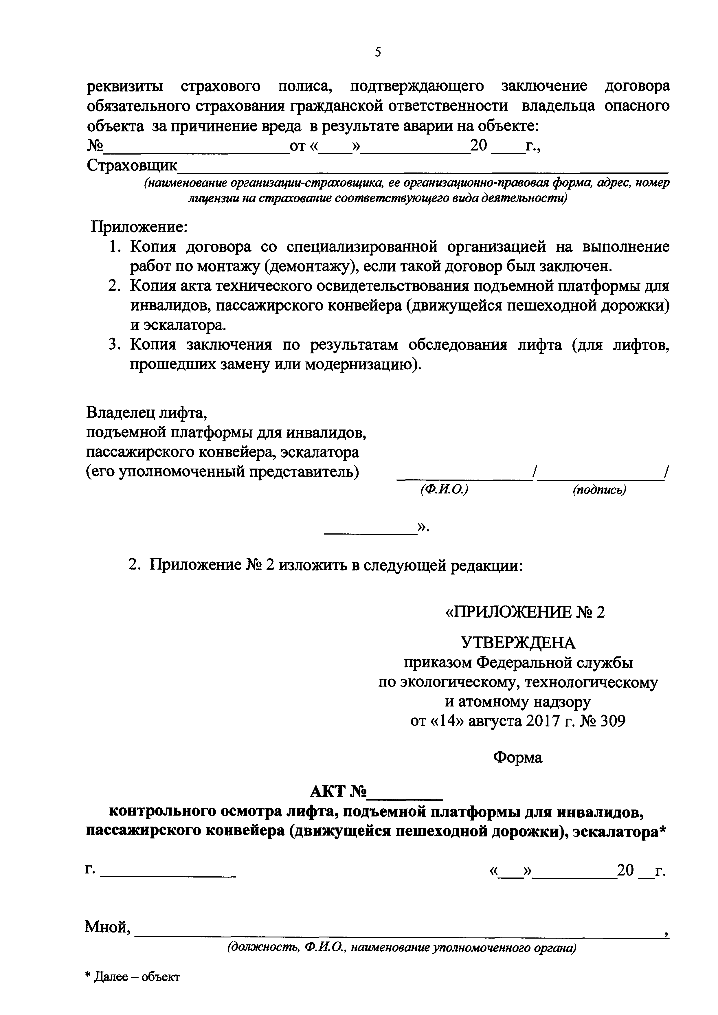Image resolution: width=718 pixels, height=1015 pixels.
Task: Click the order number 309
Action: [613, 722]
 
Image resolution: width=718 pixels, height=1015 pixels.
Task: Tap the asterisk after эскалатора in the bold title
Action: [662, 830]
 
